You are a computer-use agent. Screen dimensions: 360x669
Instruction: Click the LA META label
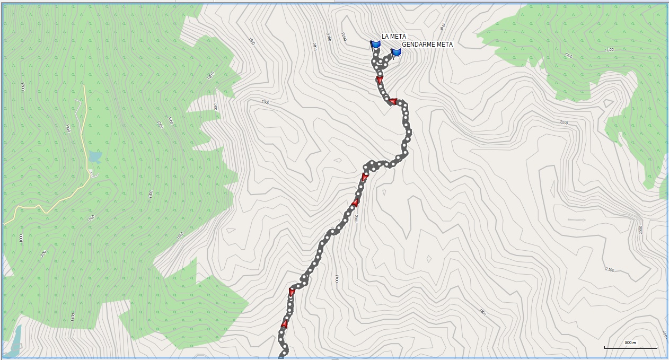coord(394,36)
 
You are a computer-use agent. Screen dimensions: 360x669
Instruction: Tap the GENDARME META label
coord(427,45)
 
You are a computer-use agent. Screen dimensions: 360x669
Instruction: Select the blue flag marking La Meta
coord(376,45)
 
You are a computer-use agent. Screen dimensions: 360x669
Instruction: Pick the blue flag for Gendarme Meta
coord(395,52)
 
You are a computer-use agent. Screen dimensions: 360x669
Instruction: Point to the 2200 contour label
coord(344,36)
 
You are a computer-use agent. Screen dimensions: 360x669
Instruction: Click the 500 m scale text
coord(630,343)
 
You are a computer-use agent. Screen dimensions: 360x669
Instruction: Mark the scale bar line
coord(631,348)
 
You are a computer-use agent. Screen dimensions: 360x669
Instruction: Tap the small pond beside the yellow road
coord(95,156)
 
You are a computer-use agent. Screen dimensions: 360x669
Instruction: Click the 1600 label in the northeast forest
coord(609,50)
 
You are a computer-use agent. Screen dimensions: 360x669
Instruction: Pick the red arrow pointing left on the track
coord(393,101)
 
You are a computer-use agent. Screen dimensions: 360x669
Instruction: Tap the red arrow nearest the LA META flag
coord(380,80)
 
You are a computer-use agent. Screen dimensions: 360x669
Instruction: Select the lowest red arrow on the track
coord(285,324)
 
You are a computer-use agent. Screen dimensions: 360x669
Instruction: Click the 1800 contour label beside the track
coord(356,218)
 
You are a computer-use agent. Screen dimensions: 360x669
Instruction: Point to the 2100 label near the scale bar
coord(609,270)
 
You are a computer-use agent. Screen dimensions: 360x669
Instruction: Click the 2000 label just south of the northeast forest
coord(564,122)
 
